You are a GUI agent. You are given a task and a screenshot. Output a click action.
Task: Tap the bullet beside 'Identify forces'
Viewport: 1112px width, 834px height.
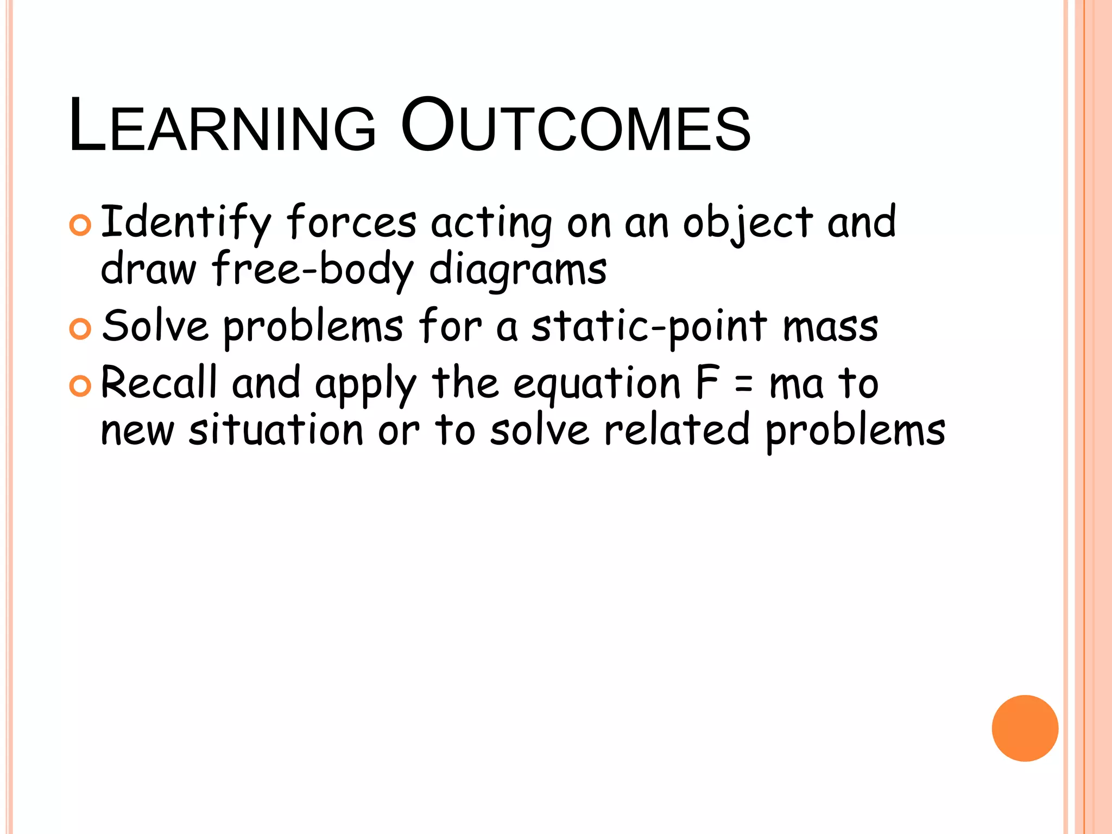click(80, 225)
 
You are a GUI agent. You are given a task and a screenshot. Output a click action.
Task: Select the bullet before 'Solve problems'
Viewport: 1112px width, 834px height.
click(80, 329)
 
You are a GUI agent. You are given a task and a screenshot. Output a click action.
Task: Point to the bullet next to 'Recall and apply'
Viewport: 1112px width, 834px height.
click(80, 386)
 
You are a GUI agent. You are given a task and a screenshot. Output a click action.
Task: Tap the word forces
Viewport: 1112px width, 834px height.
click(351, 223)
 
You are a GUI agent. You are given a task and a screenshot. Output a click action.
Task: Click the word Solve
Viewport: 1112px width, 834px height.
click(155, 326)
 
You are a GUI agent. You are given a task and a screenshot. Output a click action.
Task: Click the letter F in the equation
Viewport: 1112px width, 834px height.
click(707, 383)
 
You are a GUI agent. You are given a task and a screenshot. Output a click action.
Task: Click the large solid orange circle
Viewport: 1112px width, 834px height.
click(1025, 728)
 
